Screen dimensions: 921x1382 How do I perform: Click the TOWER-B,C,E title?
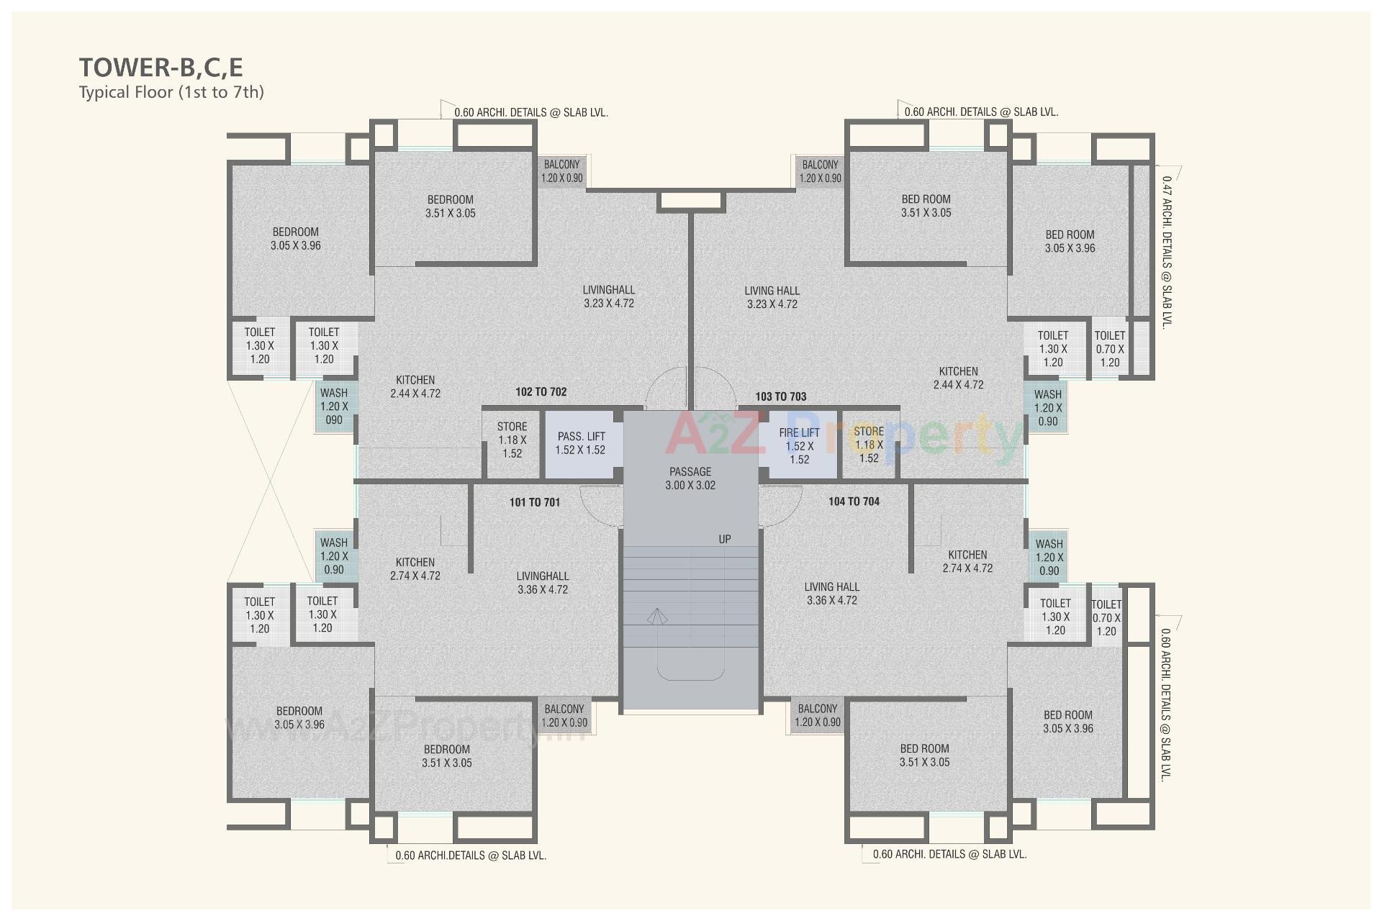point(161,67)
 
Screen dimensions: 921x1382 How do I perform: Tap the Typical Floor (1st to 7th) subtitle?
point(171,92)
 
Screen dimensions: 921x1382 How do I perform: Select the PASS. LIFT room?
point(580,443)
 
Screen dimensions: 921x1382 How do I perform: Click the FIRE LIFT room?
point(800,445)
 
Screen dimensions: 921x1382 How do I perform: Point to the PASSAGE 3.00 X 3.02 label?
point(690,478)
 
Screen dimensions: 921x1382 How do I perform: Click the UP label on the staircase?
point(725,539)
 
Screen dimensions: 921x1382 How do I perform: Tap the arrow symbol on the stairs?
point(656,617)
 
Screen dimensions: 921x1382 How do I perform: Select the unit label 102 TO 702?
point(541,392)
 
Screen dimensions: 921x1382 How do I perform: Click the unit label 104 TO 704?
point(854,502)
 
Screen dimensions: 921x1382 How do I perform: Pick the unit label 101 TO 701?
point(534,502)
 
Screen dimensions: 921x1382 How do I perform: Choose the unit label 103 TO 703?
point(781,396)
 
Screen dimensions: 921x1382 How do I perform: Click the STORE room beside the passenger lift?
point(512,440)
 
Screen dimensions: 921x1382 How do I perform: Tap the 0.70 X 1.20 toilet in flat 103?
point(1110,349)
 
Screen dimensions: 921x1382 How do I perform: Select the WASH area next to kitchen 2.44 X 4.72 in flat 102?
point(334,407)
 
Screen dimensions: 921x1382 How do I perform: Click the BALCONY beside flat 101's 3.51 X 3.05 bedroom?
point(564,716)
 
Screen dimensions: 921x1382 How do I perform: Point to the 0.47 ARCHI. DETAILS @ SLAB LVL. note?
point(1167,252)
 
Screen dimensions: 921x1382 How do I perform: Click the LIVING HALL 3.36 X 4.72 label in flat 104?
point(832,594)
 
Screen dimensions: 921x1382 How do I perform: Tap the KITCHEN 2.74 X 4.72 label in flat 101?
point(415,568)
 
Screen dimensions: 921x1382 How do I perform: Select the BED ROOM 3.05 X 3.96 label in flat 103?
point(1070,241)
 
